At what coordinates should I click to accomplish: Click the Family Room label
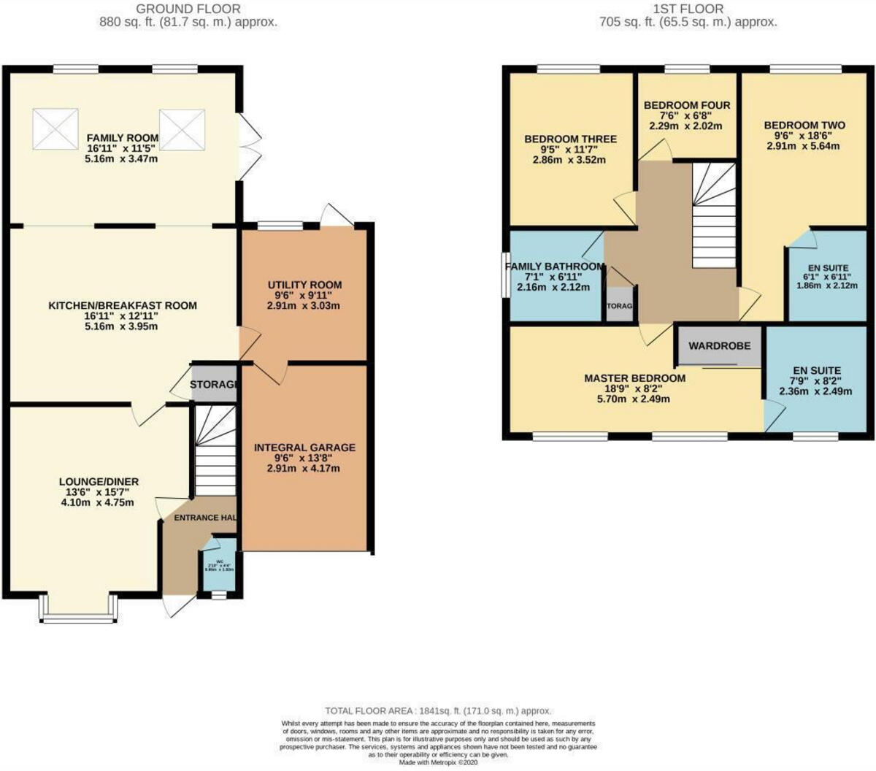coord(123,138)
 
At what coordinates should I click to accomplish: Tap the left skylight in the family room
coord(55,128)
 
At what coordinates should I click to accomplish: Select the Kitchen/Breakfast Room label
coord(123,305)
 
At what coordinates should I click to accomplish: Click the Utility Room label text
coord(304,285)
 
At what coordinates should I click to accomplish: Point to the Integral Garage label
coord(304,448)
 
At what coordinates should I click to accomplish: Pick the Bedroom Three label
coord(570,139)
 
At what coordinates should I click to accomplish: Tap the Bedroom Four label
coord(686,105)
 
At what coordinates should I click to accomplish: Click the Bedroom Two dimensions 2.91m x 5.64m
coord(803,146)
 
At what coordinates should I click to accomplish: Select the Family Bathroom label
coord(556,266)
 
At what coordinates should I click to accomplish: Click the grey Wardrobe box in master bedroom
coord(720,345)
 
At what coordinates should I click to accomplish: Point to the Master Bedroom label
coord(634,378)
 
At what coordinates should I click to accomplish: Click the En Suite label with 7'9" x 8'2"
coord(816,371)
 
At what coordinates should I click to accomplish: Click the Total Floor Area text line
coord(438,710)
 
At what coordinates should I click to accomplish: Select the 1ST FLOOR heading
coord(688,9)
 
